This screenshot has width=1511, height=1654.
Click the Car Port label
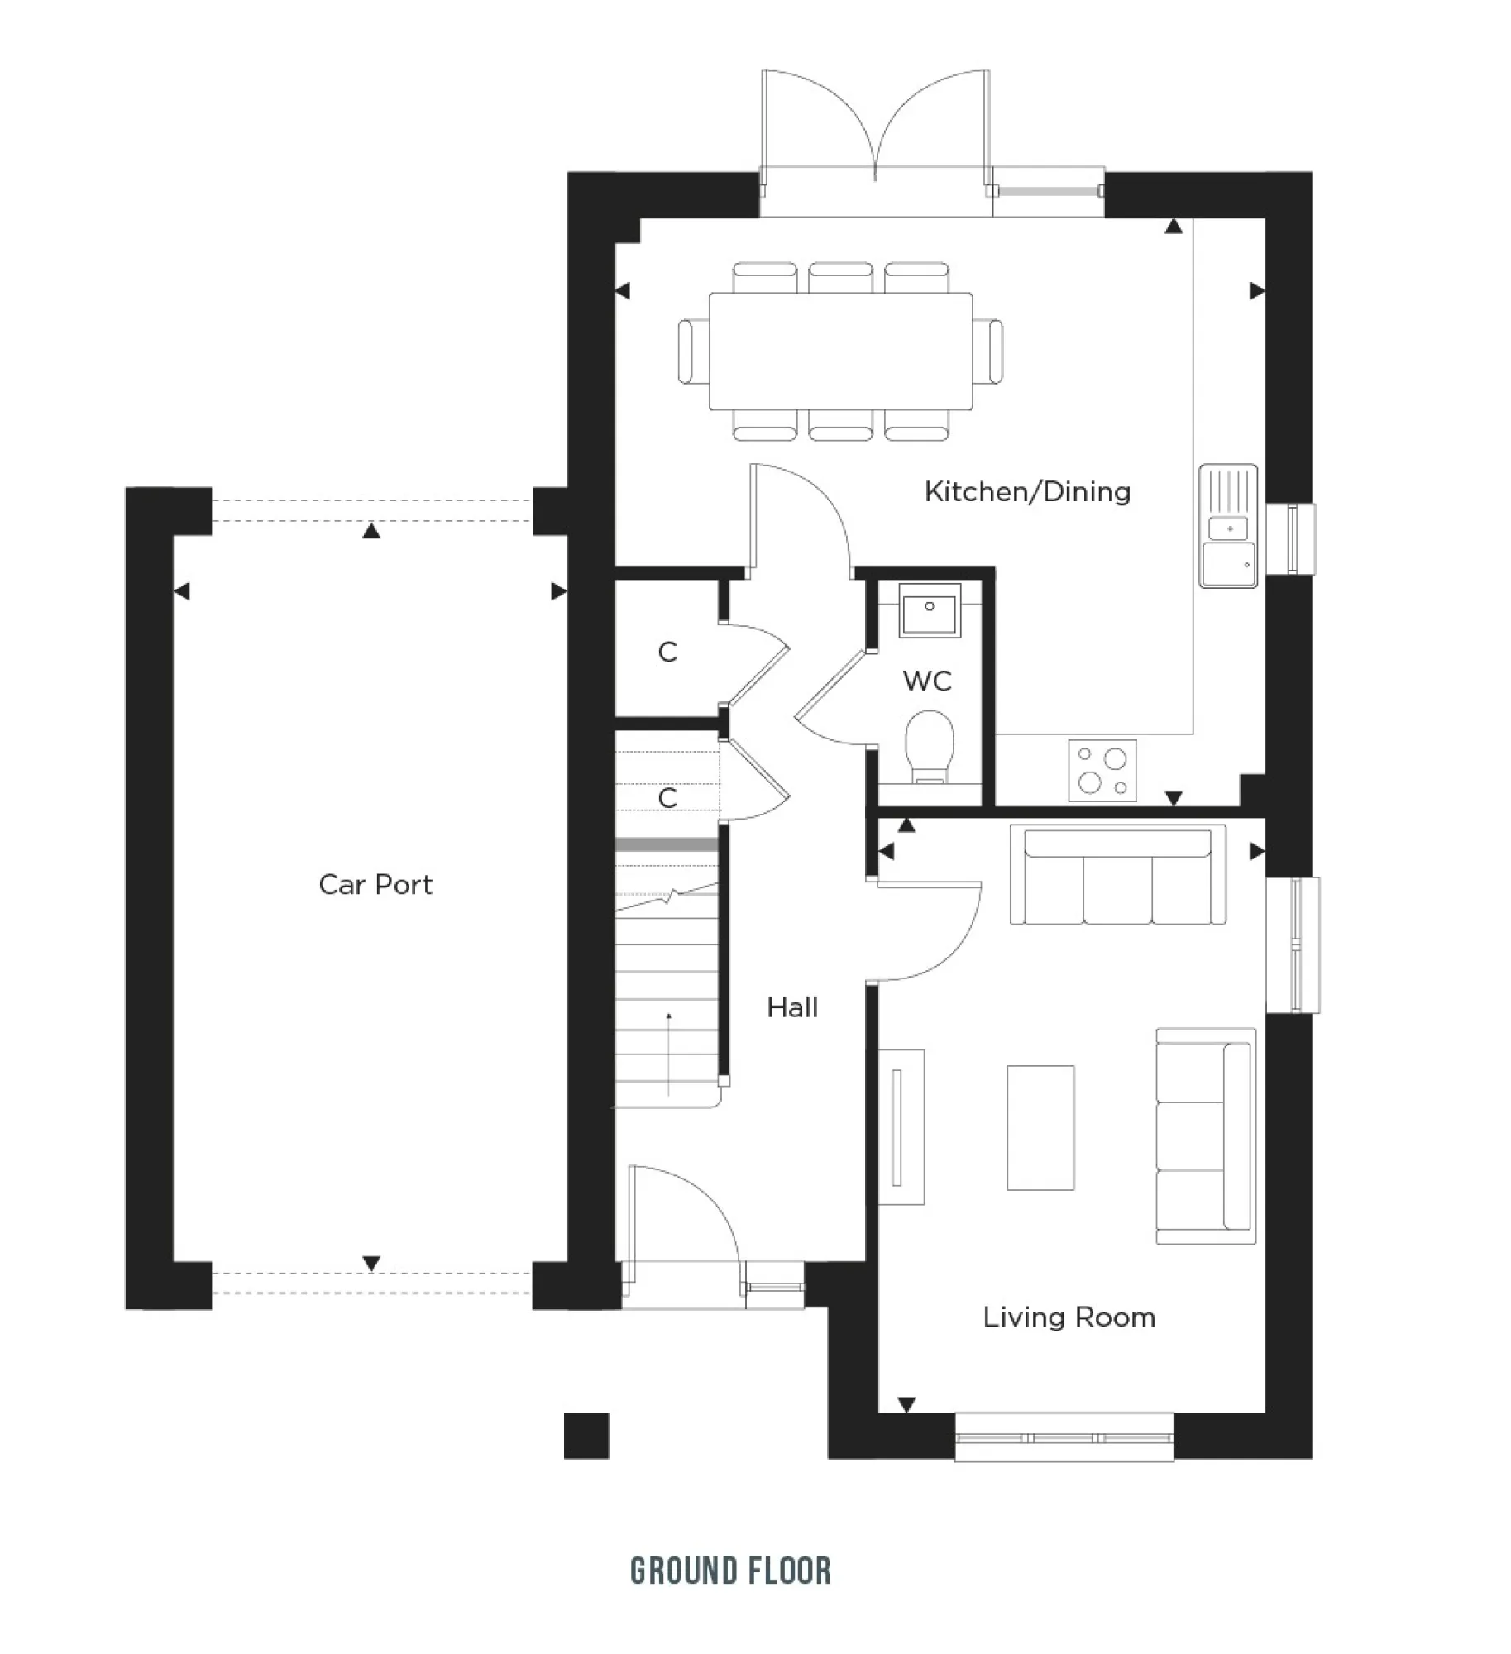[x=375, y=884]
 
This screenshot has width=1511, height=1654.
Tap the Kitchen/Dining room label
[x=1026, y=491]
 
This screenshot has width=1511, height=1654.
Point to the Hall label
[x=791, y=1006]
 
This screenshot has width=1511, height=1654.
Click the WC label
[x=926, y=681]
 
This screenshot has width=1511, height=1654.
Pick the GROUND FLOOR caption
[x=730, y=1570]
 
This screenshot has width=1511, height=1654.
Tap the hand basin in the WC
[x=930, y=610]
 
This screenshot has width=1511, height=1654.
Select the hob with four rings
[x=1102, y=770]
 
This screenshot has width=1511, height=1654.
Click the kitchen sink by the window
[x=1227, y=527]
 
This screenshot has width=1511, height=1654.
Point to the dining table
[x=839, y=351]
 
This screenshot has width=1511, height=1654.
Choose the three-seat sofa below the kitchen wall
[x=1117, y=876]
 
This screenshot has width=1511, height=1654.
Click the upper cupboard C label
[x=667, y=653]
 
